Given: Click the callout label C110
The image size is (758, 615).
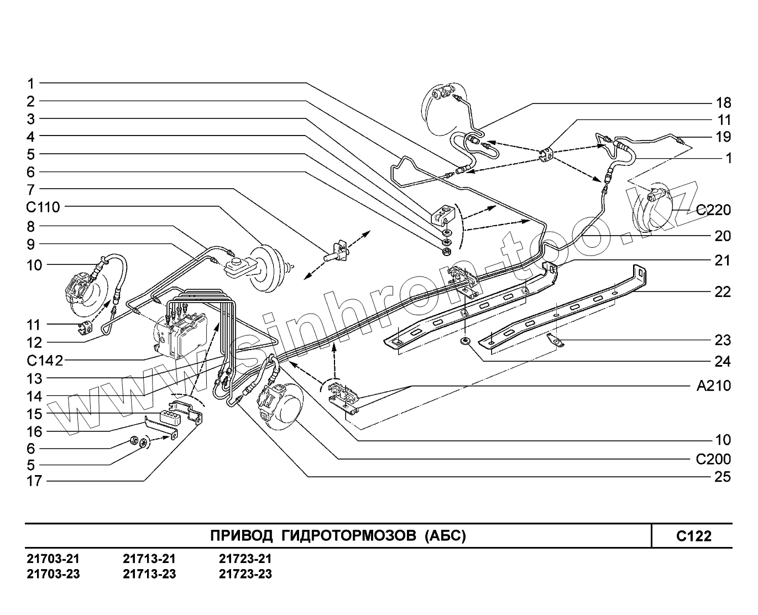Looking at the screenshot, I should [x=42, y=207].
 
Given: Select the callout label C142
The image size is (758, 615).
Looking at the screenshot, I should [x=44, y=361].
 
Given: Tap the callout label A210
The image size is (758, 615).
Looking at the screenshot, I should [x=713, y=386].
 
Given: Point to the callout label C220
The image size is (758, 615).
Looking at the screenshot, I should [x=713, y=210].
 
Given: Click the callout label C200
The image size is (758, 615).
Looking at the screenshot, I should [x=713, y=459].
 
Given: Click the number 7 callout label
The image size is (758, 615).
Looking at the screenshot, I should [x=31, y=189].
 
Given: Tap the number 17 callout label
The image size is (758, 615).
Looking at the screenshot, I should [x=34, y=481].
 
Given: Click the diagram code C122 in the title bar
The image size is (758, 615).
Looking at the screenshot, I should [x=693, y=536].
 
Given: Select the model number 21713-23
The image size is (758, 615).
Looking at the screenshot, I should [x=149, y=574].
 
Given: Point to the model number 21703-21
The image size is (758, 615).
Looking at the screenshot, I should [x=53, y=559].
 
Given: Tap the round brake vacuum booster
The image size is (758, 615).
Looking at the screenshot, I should [x=265, y=271].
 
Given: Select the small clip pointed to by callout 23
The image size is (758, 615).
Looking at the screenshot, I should [x=556, y=341].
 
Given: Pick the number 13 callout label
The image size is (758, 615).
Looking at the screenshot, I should [x=34, y=379].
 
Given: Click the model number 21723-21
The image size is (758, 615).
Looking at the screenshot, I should [x=245, y=559].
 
